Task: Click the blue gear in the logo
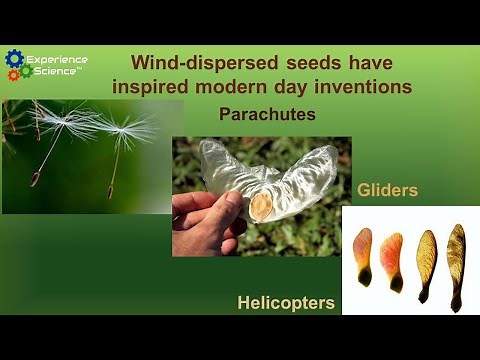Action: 14,59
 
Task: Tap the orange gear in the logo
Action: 14,75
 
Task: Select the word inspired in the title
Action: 150,86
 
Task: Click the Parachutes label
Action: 267,114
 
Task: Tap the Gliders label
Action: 387,189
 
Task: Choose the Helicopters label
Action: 285,302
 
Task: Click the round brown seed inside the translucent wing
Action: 262,206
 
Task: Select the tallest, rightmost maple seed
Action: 456,262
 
